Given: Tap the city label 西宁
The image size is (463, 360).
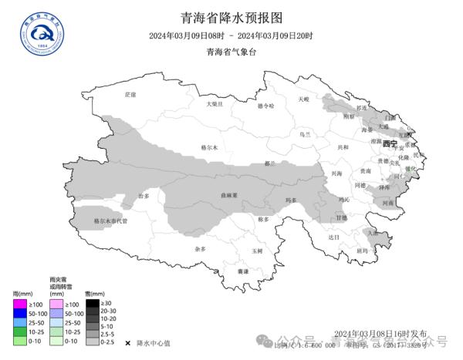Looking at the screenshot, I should point(389,143).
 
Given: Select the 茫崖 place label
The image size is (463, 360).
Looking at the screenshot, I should point(130,94).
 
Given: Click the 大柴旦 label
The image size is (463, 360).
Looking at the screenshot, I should point(214,103).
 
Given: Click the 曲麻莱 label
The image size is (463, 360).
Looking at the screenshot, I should point(228,195).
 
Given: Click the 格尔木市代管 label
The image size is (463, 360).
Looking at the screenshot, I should point(110,220).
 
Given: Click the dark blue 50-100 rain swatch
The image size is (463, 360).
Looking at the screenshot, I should point(20,313).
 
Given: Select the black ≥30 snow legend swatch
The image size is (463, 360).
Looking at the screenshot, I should point(92,304).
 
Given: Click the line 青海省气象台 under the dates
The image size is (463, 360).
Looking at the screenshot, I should point(231,52).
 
